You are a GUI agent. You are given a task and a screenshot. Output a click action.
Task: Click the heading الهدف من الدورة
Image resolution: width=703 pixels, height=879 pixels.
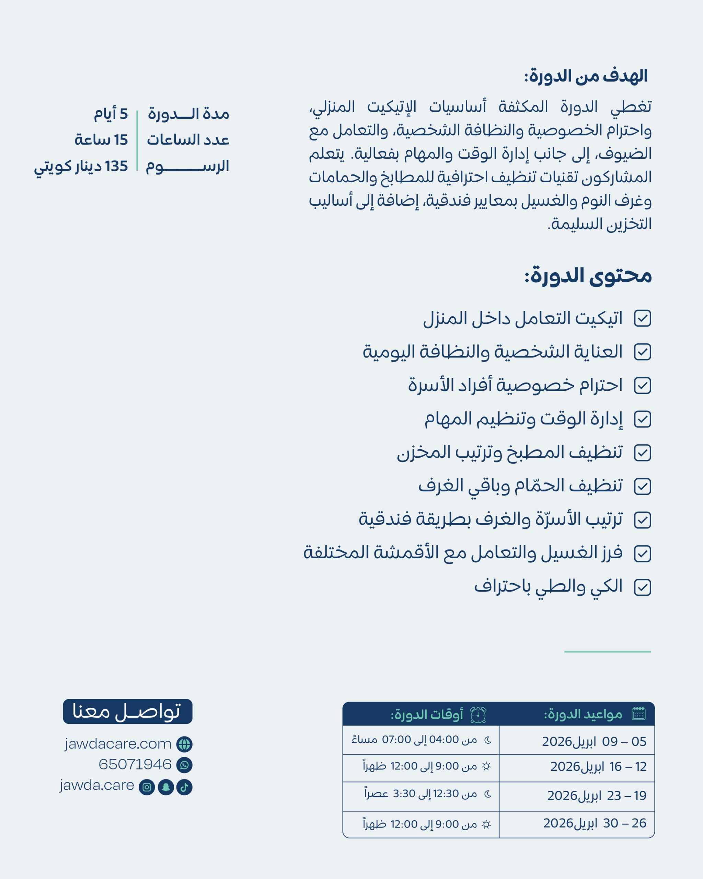(586, 76)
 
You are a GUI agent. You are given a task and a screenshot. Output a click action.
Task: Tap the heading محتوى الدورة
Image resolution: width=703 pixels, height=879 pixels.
(588, 276)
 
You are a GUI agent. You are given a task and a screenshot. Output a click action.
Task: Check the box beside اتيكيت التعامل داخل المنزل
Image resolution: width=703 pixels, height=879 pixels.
(642, 318)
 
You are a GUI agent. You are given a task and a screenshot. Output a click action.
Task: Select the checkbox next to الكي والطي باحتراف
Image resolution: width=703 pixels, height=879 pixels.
(642, 587)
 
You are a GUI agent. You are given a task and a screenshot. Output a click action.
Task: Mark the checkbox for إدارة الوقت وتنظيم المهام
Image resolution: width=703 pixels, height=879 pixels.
(642, 420)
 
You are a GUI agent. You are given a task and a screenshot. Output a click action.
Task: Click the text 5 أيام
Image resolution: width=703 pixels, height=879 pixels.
(111, 114)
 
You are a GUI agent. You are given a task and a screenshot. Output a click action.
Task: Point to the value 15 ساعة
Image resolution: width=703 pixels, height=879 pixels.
(101, 140)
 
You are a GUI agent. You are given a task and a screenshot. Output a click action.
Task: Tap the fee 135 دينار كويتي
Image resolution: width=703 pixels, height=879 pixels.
(81, 166)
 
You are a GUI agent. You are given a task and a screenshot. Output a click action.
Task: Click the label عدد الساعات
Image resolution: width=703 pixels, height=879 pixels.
(188, 140)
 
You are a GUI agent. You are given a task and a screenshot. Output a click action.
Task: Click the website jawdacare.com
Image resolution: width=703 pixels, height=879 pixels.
(118, 744)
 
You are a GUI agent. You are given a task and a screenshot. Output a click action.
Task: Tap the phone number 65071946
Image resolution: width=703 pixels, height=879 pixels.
(135, 764)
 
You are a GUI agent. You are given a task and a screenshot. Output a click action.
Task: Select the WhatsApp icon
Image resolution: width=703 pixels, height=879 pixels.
(184, 765)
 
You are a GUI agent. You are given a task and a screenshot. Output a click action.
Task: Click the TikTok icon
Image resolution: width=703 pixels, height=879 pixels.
(184, 787)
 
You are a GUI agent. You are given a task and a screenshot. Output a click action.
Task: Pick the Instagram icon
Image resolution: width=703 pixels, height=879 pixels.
(147, 787)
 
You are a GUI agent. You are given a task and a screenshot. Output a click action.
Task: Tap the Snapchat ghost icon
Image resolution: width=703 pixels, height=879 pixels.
(166, 787)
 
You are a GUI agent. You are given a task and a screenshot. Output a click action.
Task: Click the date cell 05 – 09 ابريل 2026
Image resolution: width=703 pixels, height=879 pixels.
(594, 742)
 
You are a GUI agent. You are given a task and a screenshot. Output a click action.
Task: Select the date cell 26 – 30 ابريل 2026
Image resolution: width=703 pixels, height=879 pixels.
(594, 823)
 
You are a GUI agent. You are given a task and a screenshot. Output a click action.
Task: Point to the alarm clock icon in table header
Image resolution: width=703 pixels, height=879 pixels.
(478, 715)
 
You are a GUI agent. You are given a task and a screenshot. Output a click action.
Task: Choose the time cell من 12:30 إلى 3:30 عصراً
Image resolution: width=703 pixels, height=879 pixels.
(420, 794)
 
